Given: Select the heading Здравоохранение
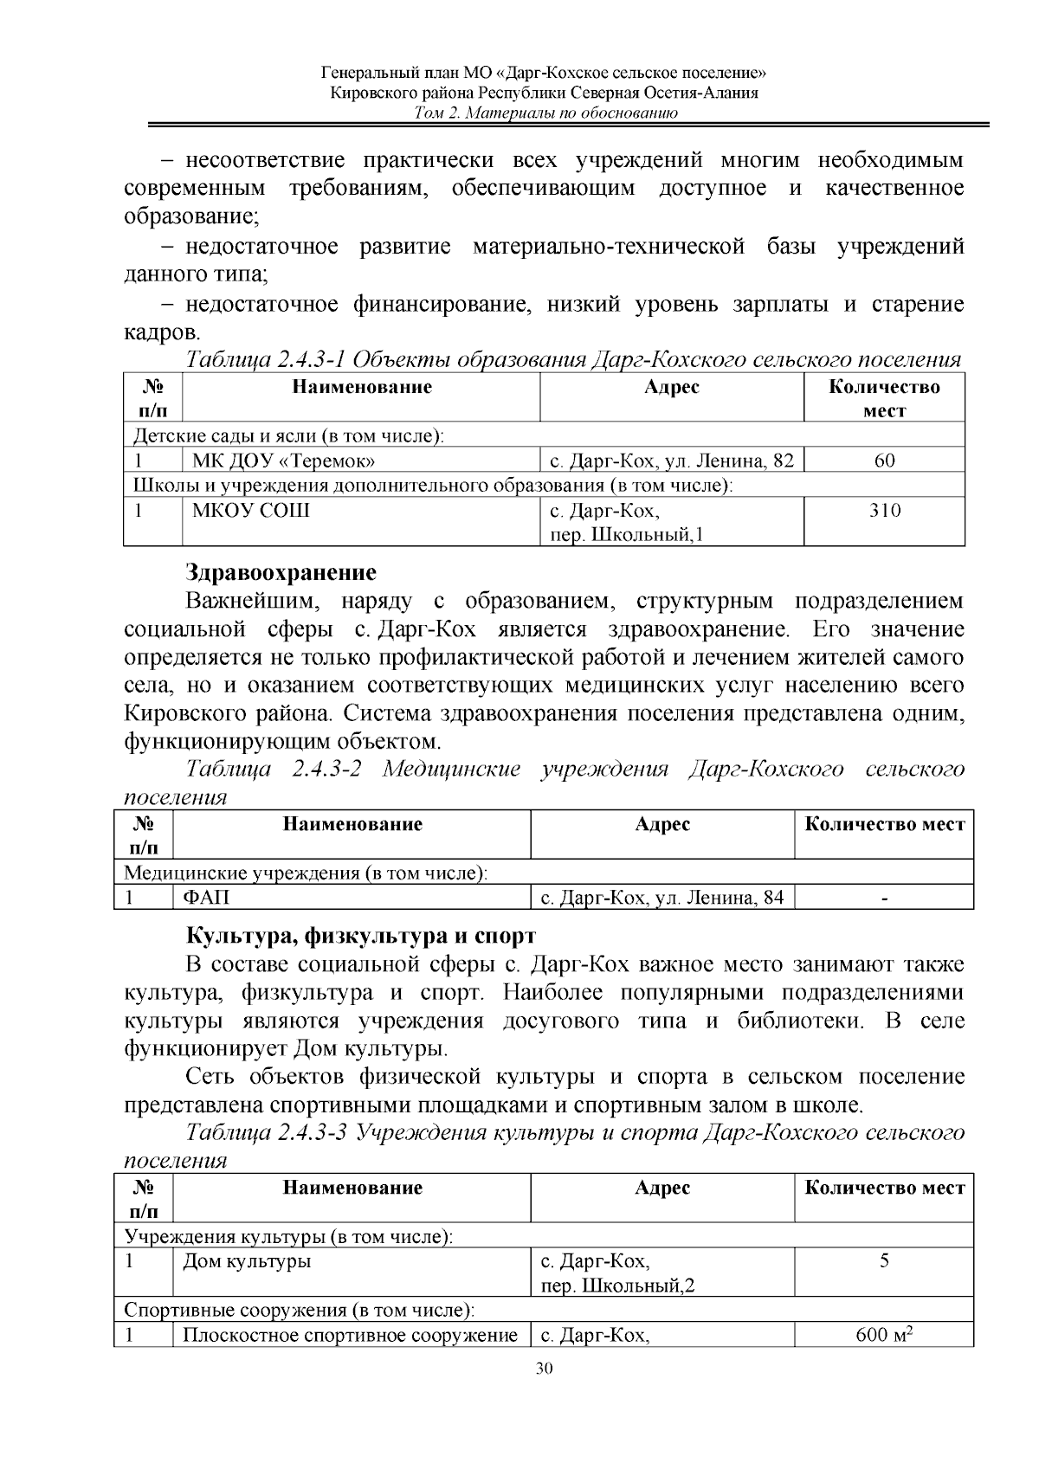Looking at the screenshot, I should pos(281,572).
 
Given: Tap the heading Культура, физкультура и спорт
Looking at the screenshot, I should pos(360,936).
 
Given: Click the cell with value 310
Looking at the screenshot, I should pos(884,511).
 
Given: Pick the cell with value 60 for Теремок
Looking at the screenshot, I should pos(884,461).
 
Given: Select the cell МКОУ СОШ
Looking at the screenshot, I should pos(251,511).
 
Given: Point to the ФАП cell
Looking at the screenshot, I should pos(206,898).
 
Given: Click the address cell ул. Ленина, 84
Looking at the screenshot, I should pos(661,898).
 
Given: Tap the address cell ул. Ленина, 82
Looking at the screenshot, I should pos(671,461).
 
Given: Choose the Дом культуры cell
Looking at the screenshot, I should pos(247,1261).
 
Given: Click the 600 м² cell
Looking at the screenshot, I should pos(885,1335).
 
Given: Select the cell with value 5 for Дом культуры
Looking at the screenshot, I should pos(884,1261).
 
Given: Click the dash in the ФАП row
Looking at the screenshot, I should pos(884,899).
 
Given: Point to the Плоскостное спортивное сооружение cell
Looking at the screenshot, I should pos(350,1335).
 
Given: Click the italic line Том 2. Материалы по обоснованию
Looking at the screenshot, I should pos(545,113).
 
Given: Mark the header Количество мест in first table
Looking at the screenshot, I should pos(884,398).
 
